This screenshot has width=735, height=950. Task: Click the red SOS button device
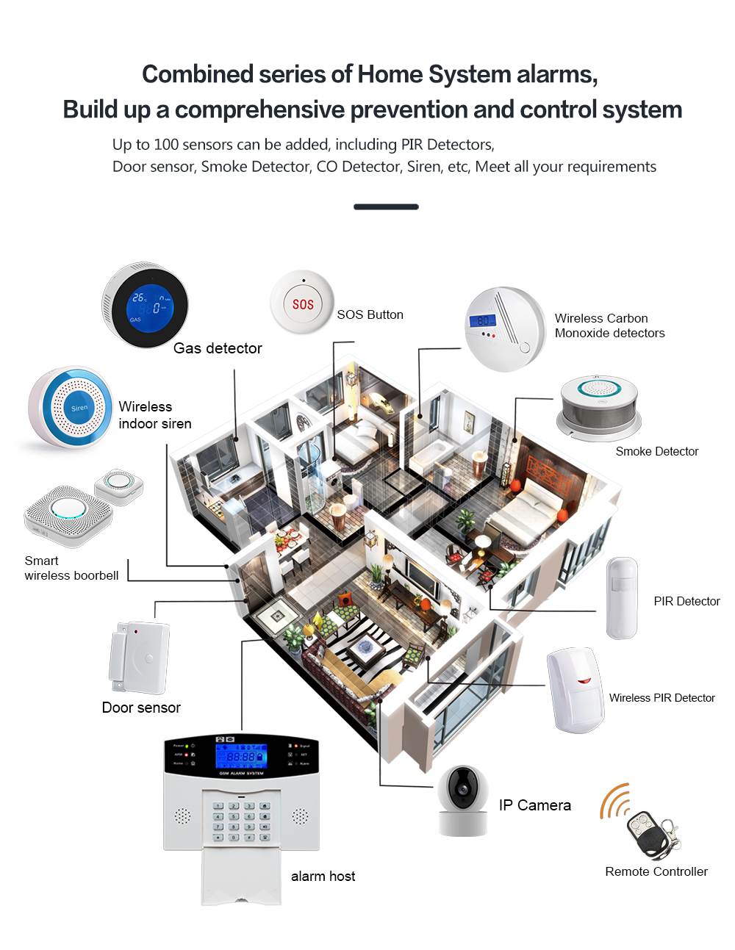(302, 303)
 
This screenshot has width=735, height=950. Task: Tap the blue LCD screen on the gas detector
(150, 306)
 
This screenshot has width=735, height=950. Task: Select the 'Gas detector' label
(218, 348)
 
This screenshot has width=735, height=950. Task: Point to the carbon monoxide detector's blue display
(484, 321)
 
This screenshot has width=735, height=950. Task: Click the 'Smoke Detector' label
(656, 451)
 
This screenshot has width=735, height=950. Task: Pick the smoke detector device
(599, 408)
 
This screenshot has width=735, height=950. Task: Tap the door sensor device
(140, 658)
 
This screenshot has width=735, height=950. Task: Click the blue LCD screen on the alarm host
(240, 756)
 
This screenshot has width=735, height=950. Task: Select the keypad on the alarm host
(241, 821)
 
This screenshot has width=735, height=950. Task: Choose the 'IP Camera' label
(534, 805)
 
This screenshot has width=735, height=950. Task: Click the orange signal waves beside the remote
(614, 800)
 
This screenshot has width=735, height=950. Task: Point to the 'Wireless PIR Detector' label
(661, 698)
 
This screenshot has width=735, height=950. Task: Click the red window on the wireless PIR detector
(584, 680)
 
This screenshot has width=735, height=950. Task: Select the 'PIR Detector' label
(686, 601)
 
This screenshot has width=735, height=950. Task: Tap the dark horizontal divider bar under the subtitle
(386, 207)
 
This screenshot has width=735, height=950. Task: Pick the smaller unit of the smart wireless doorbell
(118, 486)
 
